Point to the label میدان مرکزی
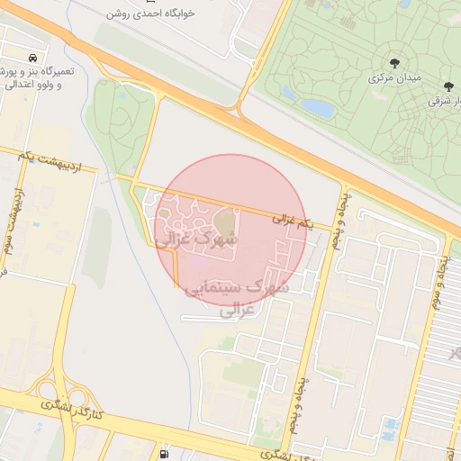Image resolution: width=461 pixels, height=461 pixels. pyautogui.click(x=394, y=78)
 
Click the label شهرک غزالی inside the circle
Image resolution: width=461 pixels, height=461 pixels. pyautogui.click(x=197, y=240)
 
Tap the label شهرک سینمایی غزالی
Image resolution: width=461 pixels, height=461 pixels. pyautogui.click(x=236, y=296)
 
